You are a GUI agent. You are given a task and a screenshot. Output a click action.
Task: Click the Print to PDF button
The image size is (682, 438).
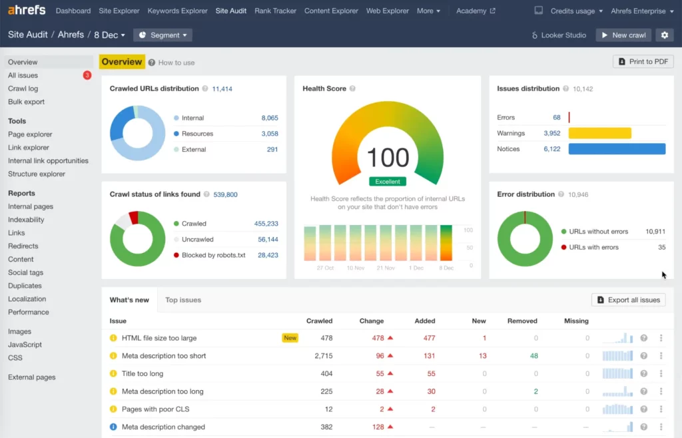click(x=643, y=62)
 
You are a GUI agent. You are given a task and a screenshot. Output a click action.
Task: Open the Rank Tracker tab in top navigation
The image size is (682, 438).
click(x=276, y=11)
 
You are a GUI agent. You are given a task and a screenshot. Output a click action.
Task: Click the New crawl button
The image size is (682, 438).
click(x=623, y=35)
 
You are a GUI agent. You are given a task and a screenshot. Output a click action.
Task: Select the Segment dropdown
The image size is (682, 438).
click(x=163, y=35)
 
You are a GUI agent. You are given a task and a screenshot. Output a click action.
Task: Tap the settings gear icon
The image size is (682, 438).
click(x=663, y=35)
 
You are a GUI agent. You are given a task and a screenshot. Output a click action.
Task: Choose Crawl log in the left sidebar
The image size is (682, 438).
click(x=23, y=89)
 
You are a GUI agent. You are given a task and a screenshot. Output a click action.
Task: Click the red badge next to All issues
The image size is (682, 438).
click(x=87, y=75)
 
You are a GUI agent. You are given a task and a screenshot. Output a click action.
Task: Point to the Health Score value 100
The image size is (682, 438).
click(x=388, y=158)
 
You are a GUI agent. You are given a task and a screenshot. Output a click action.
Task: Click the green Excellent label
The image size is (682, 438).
click(x=388, y=181)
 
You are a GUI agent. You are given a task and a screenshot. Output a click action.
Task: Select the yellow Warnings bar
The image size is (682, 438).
click(x=599, y=133)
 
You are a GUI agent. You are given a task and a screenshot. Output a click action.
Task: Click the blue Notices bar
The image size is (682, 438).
click(x=617, y=149)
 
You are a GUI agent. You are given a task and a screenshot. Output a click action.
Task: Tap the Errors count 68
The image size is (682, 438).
click(x=556, y=118)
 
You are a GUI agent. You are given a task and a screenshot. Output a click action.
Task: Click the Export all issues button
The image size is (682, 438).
click(x=629, y=300)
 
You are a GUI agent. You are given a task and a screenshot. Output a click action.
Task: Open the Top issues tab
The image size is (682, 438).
click(x=183, y=300)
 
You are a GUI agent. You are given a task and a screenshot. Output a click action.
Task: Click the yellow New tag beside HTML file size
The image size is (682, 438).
click(x=290, y=338)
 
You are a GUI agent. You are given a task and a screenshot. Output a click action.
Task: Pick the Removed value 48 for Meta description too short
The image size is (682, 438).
click(x=533, y=356)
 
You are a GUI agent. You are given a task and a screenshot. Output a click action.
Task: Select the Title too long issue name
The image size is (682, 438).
click(x=143, y=374)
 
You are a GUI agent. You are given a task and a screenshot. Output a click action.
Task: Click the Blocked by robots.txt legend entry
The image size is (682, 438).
click(x=213, y=255)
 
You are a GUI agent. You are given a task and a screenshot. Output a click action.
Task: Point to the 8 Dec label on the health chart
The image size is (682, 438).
click(x=446, y=268)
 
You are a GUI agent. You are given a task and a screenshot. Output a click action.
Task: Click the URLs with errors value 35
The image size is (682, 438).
click(x=661, y=248)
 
